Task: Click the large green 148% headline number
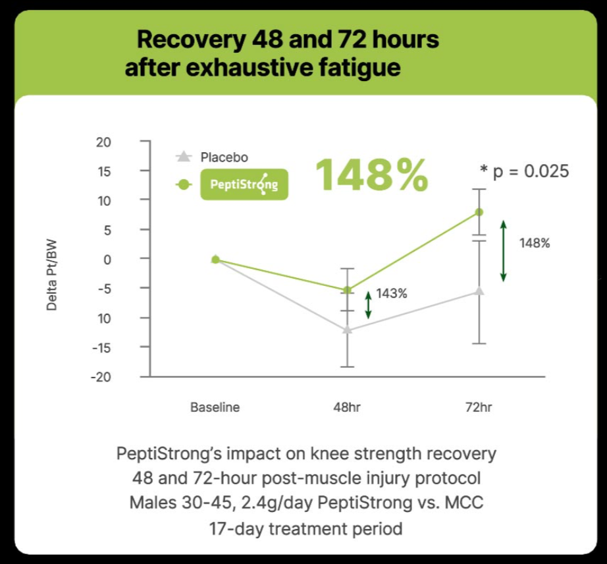pos(371,175)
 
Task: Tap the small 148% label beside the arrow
pos(535,243)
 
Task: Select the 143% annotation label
pos(392,294)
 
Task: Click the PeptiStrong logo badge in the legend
pos(244,185)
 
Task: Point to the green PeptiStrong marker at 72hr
pos(479,212)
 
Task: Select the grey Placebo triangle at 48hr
pos(348,329)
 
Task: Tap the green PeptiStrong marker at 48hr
pos(348,290)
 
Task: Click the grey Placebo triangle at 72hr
pos(479,291)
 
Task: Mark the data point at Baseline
pos(215,260)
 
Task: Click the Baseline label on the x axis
pos(215,407)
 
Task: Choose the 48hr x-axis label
pos(347,407)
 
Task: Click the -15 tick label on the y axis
pos(103,347)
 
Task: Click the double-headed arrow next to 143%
pos(369,305)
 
